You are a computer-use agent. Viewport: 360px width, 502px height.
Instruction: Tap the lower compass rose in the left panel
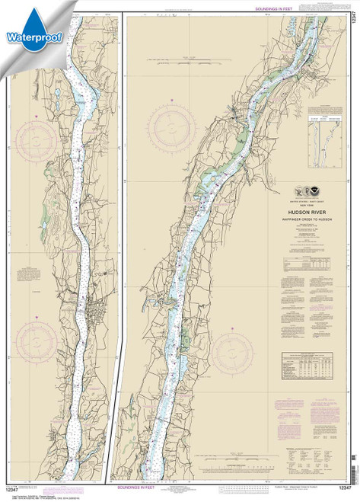coord(36,324)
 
